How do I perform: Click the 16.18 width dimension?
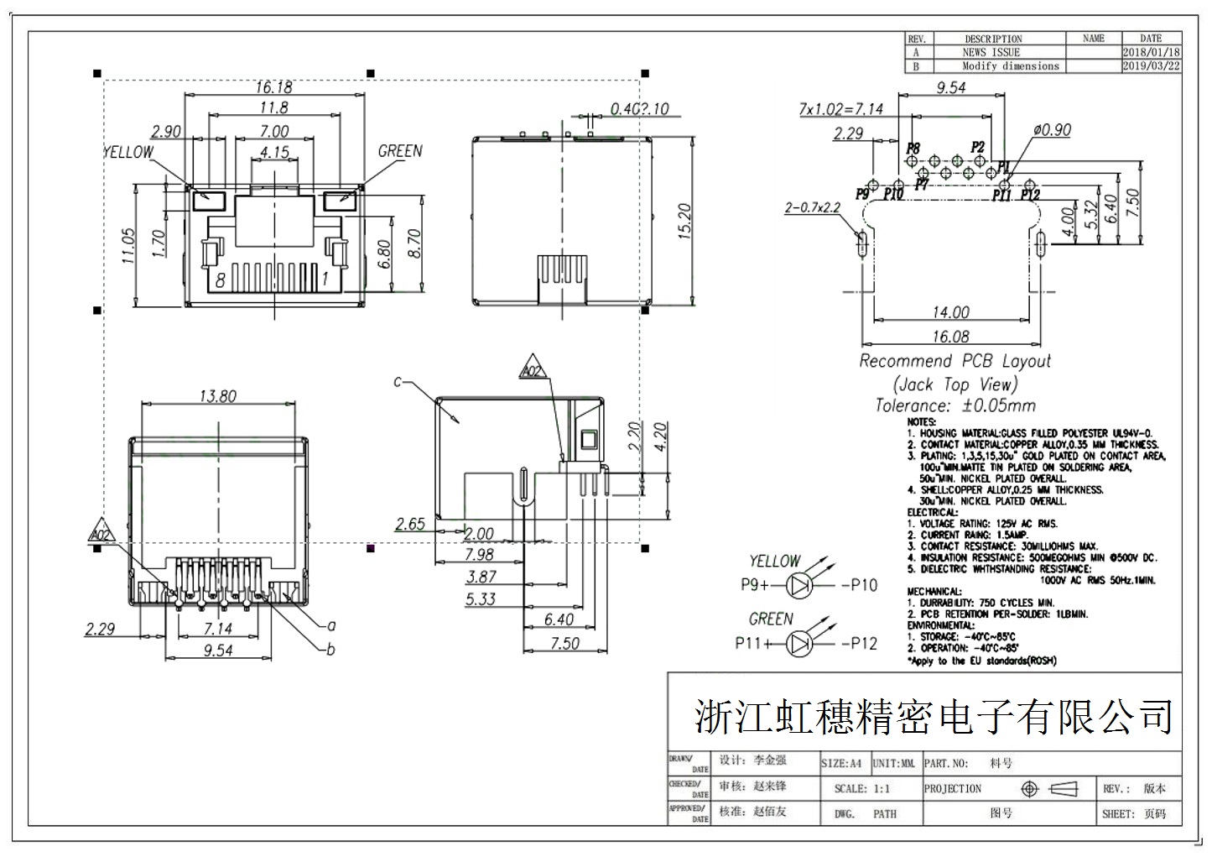(273, 87)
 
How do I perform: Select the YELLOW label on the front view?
(128, 152)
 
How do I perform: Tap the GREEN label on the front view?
(400, 151)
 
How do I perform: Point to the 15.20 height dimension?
(684, 221)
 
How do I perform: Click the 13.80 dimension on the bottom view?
(217, 396)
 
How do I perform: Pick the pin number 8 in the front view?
(221, 280)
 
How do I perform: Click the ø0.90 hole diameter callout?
(1052, 130)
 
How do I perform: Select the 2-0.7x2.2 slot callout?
(812, 207)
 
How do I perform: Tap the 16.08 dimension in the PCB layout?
(950, 337)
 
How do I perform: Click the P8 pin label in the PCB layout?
(913, 148)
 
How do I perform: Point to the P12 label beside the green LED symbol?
(859, 644)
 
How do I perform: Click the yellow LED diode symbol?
(802, 585)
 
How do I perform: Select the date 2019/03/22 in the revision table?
(1152, 65)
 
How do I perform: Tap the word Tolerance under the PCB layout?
(913, 405)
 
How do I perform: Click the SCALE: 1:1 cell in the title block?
(862, 789)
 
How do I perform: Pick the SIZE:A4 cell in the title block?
(841, 764)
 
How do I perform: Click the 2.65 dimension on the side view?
(410, 525)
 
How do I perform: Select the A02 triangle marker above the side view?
(532, 370)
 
